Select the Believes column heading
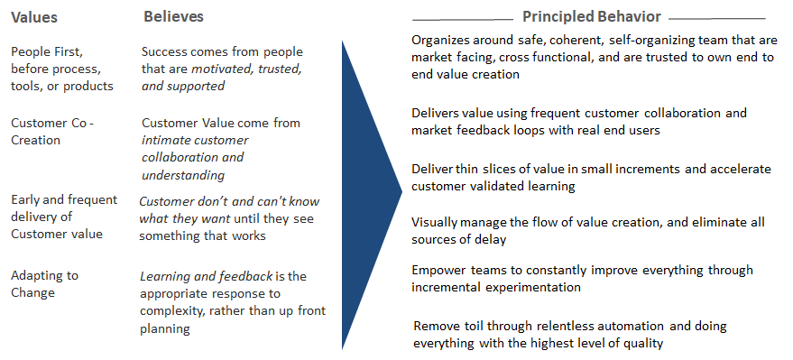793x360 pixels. click(x=173, y=17)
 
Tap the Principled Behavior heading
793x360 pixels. click(x=591, y=17)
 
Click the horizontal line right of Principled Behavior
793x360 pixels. click(x=716, y=18)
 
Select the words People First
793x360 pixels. click(x=44, y=51)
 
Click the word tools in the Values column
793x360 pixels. click(x=26, y=86)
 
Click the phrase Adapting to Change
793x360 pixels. click(x=44, y=283)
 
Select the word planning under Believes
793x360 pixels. click(x=165, y=328)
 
